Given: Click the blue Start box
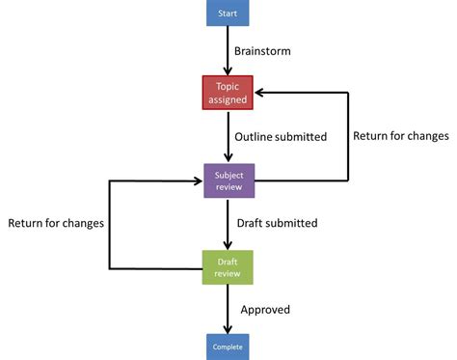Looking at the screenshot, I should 228,14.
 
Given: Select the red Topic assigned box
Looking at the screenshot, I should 228,93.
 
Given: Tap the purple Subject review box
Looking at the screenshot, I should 228,180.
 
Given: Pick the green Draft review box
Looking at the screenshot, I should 228,267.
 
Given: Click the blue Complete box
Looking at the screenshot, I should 228,345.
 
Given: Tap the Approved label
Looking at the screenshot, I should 265,310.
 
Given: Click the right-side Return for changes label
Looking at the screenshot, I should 400,136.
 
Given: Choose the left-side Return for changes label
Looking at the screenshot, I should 56,223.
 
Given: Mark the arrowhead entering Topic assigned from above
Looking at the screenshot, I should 228,70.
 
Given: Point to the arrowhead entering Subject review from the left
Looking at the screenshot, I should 198,180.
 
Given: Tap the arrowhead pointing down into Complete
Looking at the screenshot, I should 228,329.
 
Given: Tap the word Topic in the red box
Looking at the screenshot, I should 228,87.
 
